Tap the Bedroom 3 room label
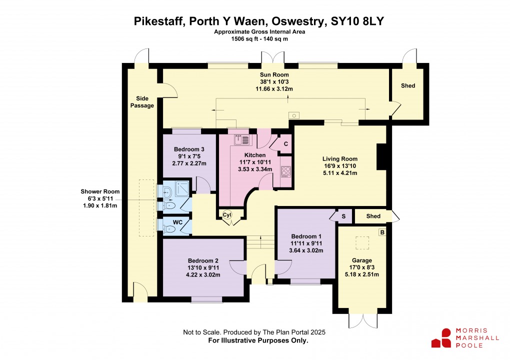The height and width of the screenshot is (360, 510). click(189, 149)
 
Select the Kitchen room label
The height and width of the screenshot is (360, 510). click(254, 155)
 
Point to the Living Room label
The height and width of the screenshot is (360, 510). click(339, 159)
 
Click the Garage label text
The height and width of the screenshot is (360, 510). click(361, 260)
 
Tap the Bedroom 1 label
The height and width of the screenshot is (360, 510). click(306, 236)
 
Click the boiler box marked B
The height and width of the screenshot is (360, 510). click(382, 232)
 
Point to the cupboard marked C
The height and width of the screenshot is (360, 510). click(285, 144)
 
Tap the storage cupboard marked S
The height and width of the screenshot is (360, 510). click(344, 216)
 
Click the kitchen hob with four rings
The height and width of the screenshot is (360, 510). click(286, 171)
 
